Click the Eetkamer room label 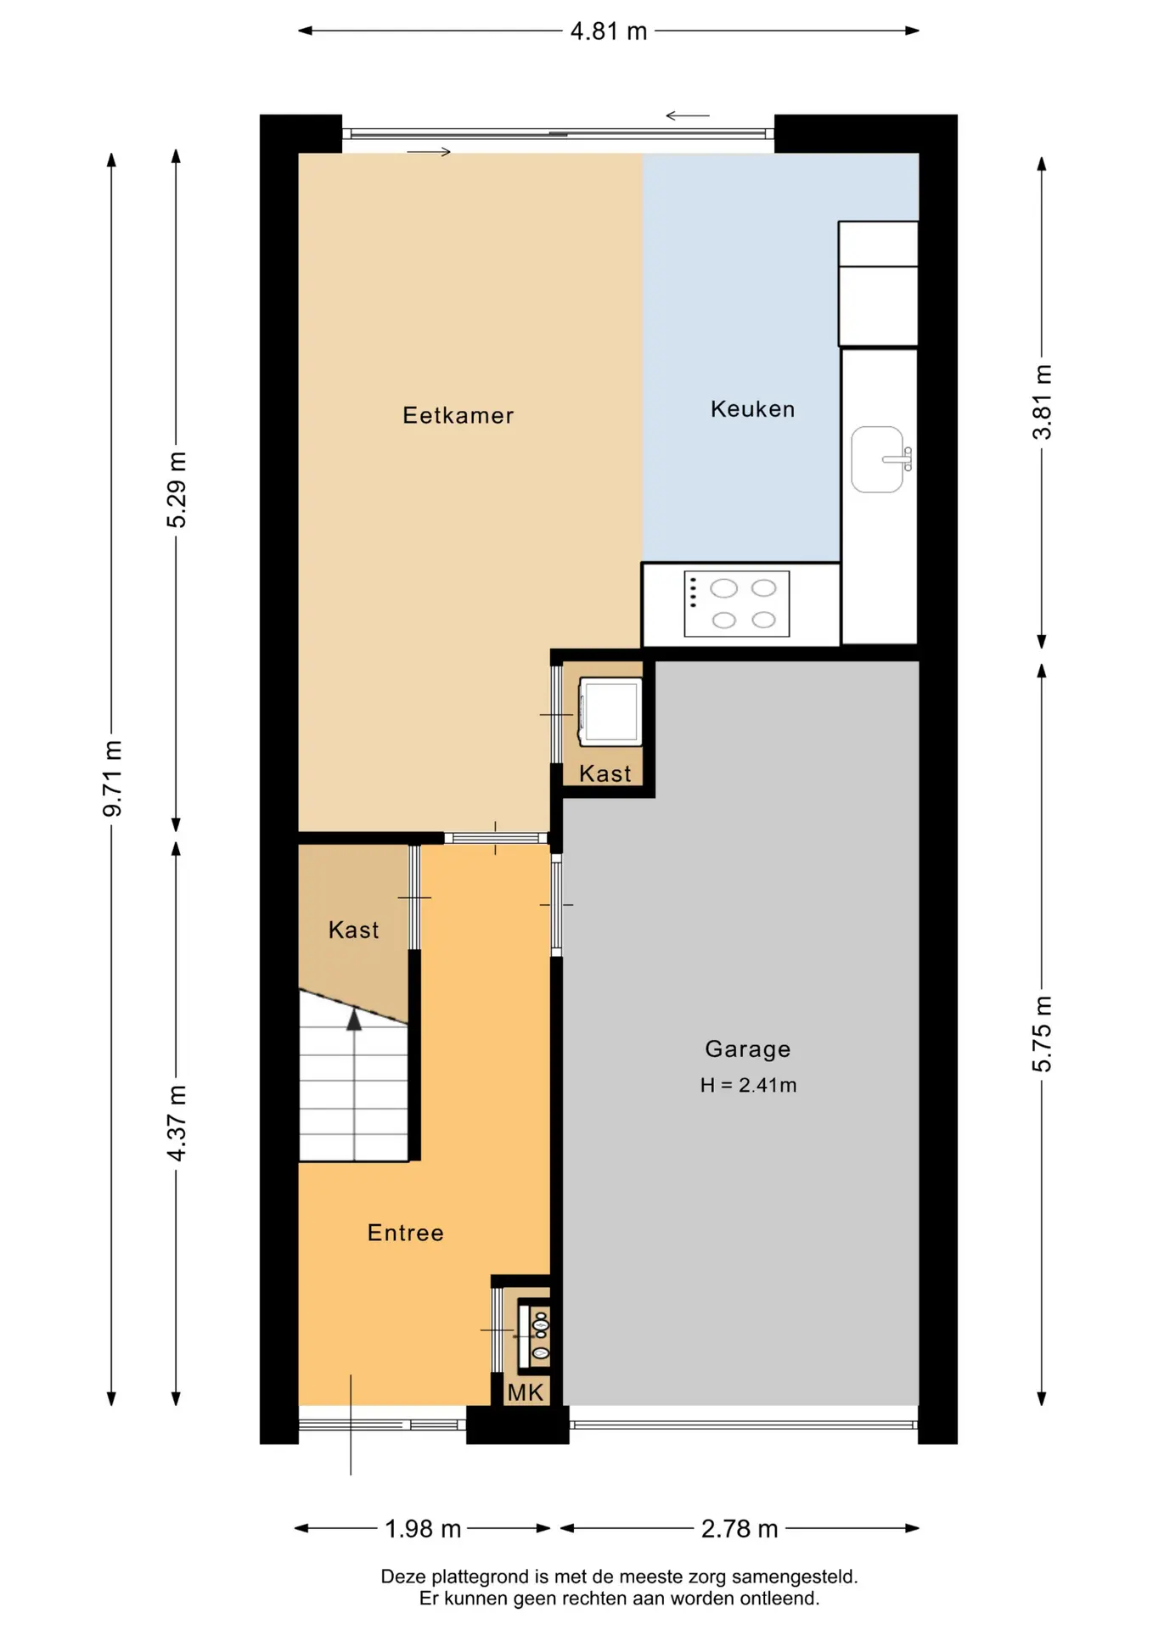pos(458,415)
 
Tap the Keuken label pos(752,409)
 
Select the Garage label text pos(748,1049)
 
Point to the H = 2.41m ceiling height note pos(748,1085)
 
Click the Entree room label pos(405,1233)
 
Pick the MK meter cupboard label pos(526,1392)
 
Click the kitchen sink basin pos(878,459)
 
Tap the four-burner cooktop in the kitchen pos(737,604)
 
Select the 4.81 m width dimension pos(609,31)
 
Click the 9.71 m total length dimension pos(112,778)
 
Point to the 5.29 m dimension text pos(177,490)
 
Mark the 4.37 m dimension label pos(177,1123)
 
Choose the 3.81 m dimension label pos(1042,402)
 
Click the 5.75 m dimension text pos(1042,1034)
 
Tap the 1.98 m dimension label pos(423,1529)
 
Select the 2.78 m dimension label pos(740,1529)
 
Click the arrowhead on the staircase pos(354,1020)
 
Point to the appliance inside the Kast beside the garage pos(610,711)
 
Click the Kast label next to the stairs pos(353,930)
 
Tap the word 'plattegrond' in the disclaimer pos(481,1577)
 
